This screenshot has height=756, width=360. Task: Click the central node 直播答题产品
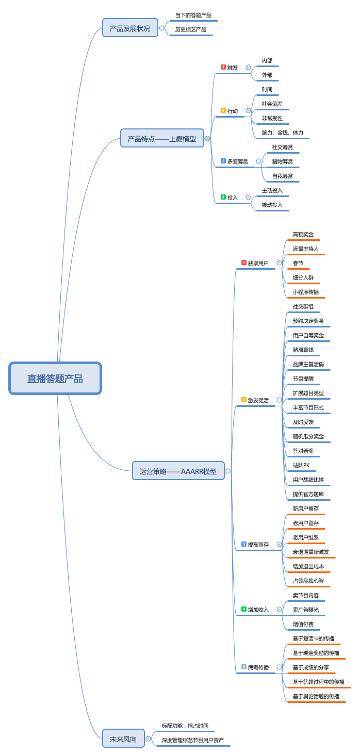coord(55,379)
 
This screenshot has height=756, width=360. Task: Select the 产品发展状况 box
coord(130,28)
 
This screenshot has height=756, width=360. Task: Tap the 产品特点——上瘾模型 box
coord(162,138)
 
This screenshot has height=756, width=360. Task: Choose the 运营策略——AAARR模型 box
coord(178,471)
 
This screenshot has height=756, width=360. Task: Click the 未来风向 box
coord(123,739)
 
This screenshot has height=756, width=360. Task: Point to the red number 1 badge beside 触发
coord(223,67)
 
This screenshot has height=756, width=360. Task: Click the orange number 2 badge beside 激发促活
coord(243,400)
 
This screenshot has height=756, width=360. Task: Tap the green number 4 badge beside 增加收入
coord(243,609)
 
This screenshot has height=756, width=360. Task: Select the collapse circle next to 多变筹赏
coord(258,161)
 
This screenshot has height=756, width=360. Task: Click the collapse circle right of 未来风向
coord(148,739)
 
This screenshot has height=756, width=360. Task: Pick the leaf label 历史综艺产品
coord(190,30)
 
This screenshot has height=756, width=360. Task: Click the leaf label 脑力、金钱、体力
coord(282,133)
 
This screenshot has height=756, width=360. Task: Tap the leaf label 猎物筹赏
coord(283,161)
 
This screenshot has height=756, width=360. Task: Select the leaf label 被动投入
coord(272,205)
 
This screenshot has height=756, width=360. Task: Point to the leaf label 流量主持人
coord(305,249)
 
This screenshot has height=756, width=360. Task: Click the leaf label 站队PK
coord(301,466)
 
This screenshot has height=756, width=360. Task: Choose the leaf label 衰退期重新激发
coord(310,552)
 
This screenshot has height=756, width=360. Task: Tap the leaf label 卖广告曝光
coord(305,610)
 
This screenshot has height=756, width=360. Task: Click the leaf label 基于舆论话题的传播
coord(316,697)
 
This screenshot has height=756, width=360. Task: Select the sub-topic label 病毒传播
coord(258,668)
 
